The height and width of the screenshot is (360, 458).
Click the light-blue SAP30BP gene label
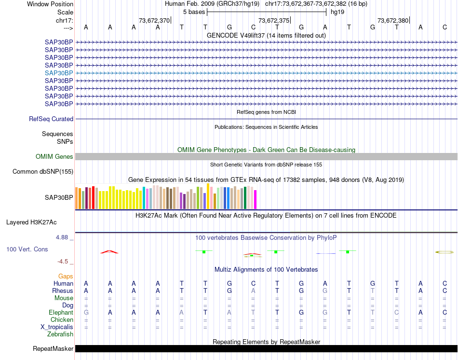coord(59,73)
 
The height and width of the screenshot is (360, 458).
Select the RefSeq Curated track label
coord(51,119)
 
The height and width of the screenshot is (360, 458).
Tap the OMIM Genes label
coord(54,157)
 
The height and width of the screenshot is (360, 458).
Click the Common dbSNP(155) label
coord(43,172)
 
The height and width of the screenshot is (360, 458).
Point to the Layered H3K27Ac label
coord(31,222)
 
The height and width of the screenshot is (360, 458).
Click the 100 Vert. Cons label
coord(27,249)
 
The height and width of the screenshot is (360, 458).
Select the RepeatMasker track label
coord(53,349)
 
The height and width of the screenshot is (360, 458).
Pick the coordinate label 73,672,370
coord(154,21)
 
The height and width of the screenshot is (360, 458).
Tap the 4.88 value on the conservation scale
coord(63,237)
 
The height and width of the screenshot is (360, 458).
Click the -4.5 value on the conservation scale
coord(63,262)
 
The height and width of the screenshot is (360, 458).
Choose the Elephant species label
coord(61,313)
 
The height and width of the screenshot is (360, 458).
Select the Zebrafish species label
coord(60,334)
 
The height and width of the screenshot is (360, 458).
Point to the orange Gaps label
coord(66,277)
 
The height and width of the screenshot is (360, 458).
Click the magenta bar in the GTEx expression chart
coord(256,200)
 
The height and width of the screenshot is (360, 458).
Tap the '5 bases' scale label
coord(193,12)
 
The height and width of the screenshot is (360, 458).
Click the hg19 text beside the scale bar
coord(337,12)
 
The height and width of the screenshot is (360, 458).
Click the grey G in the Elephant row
coord(86,313)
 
